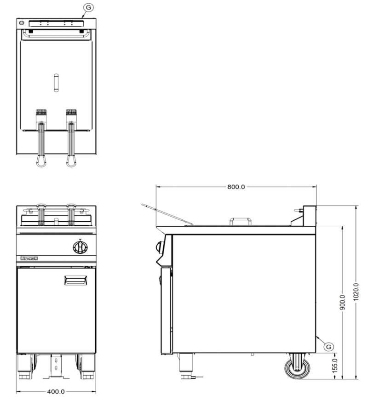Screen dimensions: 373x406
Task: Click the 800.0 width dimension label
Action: click(236, 187)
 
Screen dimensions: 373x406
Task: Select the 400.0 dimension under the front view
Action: click(56, 391)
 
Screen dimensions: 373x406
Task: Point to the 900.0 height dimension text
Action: click(343, 303)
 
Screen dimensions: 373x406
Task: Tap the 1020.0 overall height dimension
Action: click(356, 292)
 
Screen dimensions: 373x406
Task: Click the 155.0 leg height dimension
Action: click(335, 366)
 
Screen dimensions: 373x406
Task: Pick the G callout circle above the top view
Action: click(88, 7)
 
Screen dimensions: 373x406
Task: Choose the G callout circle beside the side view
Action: click(328, 347)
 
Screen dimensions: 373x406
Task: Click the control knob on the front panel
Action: click(80, 247)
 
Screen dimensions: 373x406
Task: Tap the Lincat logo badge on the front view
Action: click(29, 258)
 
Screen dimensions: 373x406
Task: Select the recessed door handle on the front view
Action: click(75, 280)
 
